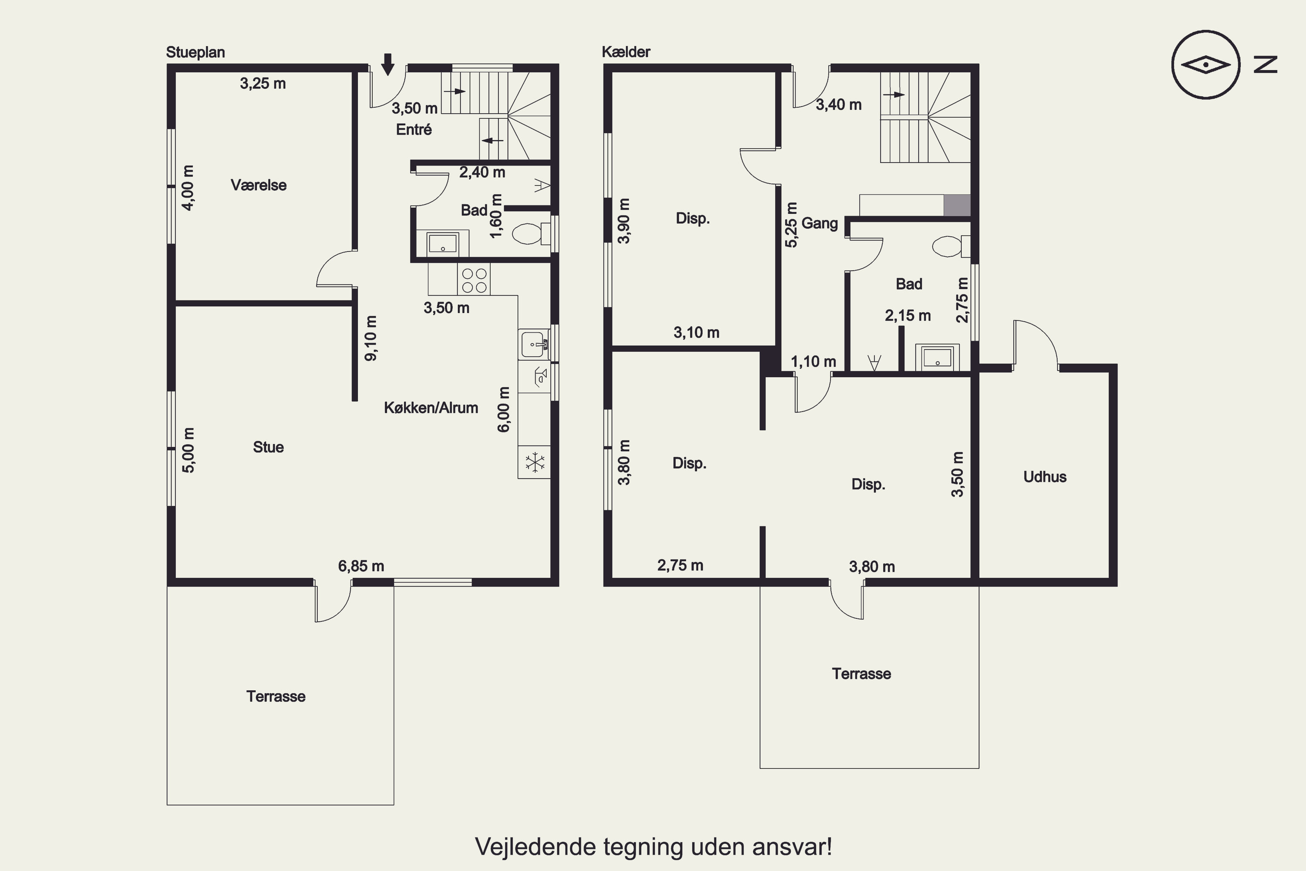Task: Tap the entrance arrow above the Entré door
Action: (x=387, y=64)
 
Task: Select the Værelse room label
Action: (x=259, y=185)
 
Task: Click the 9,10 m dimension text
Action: (x=371, y=338)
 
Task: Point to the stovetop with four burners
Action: (x=474, y=280)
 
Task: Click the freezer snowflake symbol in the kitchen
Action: (x=535, y=462)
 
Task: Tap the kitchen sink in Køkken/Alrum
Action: (x=533, y=345)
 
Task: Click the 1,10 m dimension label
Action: (x=814, y=361)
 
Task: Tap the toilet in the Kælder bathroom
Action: (x=951, y=246)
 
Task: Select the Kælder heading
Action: (x=626, y=52)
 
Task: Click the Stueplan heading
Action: (x=195, y=53)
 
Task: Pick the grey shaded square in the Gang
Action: (x=957, y=206)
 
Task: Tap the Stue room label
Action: (x=268, y=447)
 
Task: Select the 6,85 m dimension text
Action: (x=361, y=566)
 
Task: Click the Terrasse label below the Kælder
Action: (x=861, y=674)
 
